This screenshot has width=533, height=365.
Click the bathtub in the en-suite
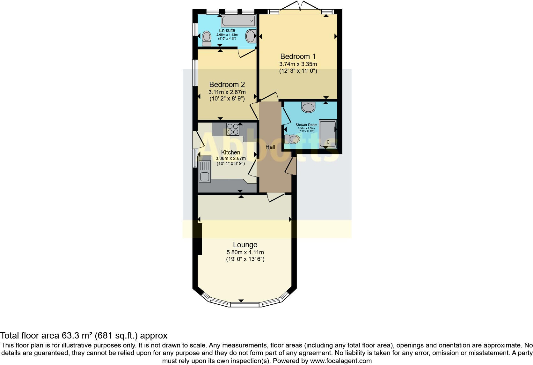(x=238, y=21)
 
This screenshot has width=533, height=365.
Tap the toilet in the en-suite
(x=207, y=39)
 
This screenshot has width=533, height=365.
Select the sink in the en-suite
(x=251, y=36)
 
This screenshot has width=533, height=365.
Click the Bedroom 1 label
(x=298, y=56)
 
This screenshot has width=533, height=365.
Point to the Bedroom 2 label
(x=227, y=85)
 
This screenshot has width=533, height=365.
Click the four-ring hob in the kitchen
(x=232, y=129)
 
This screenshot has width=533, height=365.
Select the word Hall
(x=270, y=147)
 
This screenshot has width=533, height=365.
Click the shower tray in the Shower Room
(x=327, y=133)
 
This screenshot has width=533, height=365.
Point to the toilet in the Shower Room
(x=292, y=139)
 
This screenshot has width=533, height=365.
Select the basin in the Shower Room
(x=308, y=107)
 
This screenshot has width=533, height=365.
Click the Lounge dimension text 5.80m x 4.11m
(x=245, y=252)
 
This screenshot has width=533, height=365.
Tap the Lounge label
(x=245, y=245)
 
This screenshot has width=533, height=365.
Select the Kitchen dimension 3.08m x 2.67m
(x=230, y=158)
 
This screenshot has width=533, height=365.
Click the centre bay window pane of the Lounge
(x=245, y=305)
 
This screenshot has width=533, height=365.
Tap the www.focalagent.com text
(x=341, y=361)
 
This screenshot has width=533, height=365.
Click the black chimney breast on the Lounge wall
(x=200, y=239)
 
